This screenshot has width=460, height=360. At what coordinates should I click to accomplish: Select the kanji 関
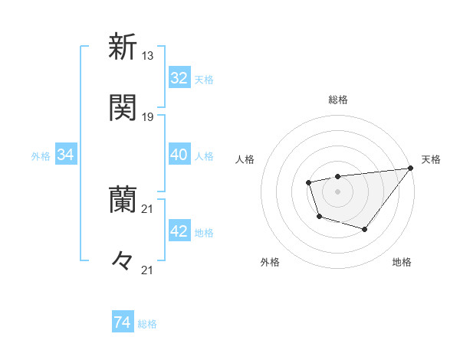tap(123, 108)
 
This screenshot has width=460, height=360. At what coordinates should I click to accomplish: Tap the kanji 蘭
tap(123, 200)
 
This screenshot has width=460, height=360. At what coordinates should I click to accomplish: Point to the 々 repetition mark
tap(123, 261)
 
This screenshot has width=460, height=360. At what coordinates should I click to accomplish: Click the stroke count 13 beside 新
tap(148, 55)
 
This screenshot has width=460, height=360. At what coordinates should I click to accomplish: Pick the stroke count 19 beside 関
tap(148, 117)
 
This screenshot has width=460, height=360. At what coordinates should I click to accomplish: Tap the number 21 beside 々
tap(148, 270)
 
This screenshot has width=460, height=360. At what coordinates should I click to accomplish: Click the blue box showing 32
tap(179, 78)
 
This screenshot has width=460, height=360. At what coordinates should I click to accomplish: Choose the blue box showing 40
tap(179, 155)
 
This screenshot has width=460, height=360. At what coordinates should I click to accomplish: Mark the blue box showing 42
tap(179, 232)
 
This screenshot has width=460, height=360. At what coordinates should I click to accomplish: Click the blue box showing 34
tap(66, 155)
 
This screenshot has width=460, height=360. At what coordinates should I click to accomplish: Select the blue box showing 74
tap(123, 323)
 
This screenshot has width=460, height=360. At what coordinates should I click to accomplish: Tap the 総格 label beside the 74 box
tap(147, 324)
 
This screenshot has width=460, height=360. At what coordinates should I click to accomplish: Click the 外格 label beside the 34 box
tap(41, 156)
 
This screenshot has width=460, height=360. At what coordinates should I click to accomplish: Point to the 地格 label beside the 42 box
tap(204, 233)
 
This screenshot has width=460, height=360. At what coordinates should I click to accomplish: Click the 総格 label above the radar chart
tap(338, 100)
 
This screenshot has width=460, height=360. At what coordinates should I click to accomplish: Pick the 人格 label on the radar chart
tap(245, 159)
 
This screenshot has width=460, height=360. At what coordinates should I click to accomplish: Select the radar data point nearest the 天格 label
tap(410, 169)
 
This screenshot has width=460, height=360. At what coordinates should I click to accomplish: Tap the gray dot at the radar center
tap(337, 191)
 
